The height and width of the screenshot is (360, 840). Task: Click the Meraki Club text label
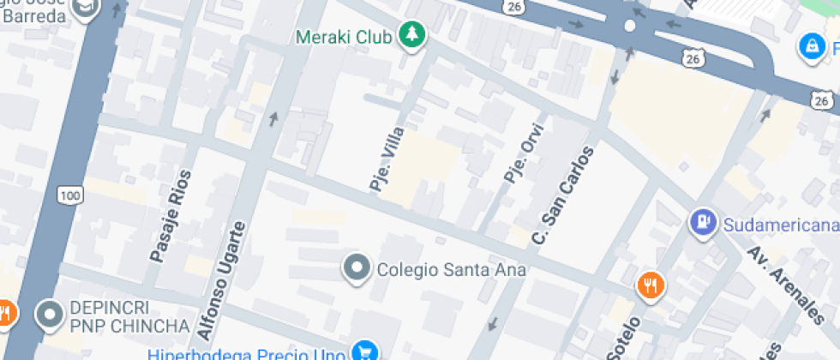coord(344,37)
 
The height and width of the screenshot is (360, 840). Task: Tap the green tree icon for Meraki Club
coord(414,35)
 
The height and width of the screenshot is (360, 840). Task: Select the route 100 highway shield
coord(70,196)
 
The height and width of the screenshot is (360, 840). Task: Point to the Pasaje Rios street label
coord(170,215)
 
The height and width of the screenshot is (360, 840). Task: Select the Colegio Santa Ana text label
coord(451,270)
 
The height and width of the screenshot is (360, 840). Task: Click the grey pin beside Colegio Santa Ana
coord(356,268)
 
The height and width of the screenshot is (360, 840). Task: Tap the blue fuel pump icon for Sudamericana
coord(703,223)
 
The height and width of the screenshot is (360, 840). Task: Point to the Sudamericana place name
coord(778,225)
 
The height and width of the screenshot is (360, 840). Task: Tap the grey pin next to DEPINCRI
coord(51,315)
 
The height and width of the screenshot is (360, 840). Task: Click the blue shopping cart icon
coord(367,351)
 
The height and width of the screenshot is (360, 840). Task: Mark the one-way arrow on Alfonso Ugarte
coord(273,118)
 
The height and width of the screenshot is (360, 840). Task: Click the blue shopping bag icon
coord(810,46)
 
